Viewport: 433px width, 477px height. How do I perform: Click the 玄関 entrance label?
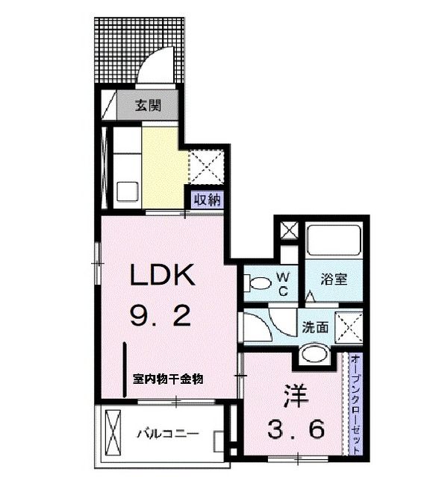coord(146,105)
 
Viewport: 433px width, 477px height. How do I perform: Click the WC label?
coord(284,283)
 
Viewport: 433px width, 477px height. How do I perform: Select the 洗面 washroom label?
coord(315,326)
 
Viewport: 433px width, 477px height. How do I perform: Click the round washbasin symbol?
coord(314,353)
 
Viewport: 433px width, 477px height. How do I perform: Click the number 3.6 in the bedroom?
coord(296,429)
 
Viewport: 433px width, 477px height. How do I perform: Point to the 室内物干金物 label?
coord(167,379)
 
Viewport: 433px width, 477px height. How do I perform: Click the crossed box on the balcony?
coord(116,432)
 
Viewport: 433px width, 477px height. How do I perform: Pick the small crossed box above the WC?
coord(288,230)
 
